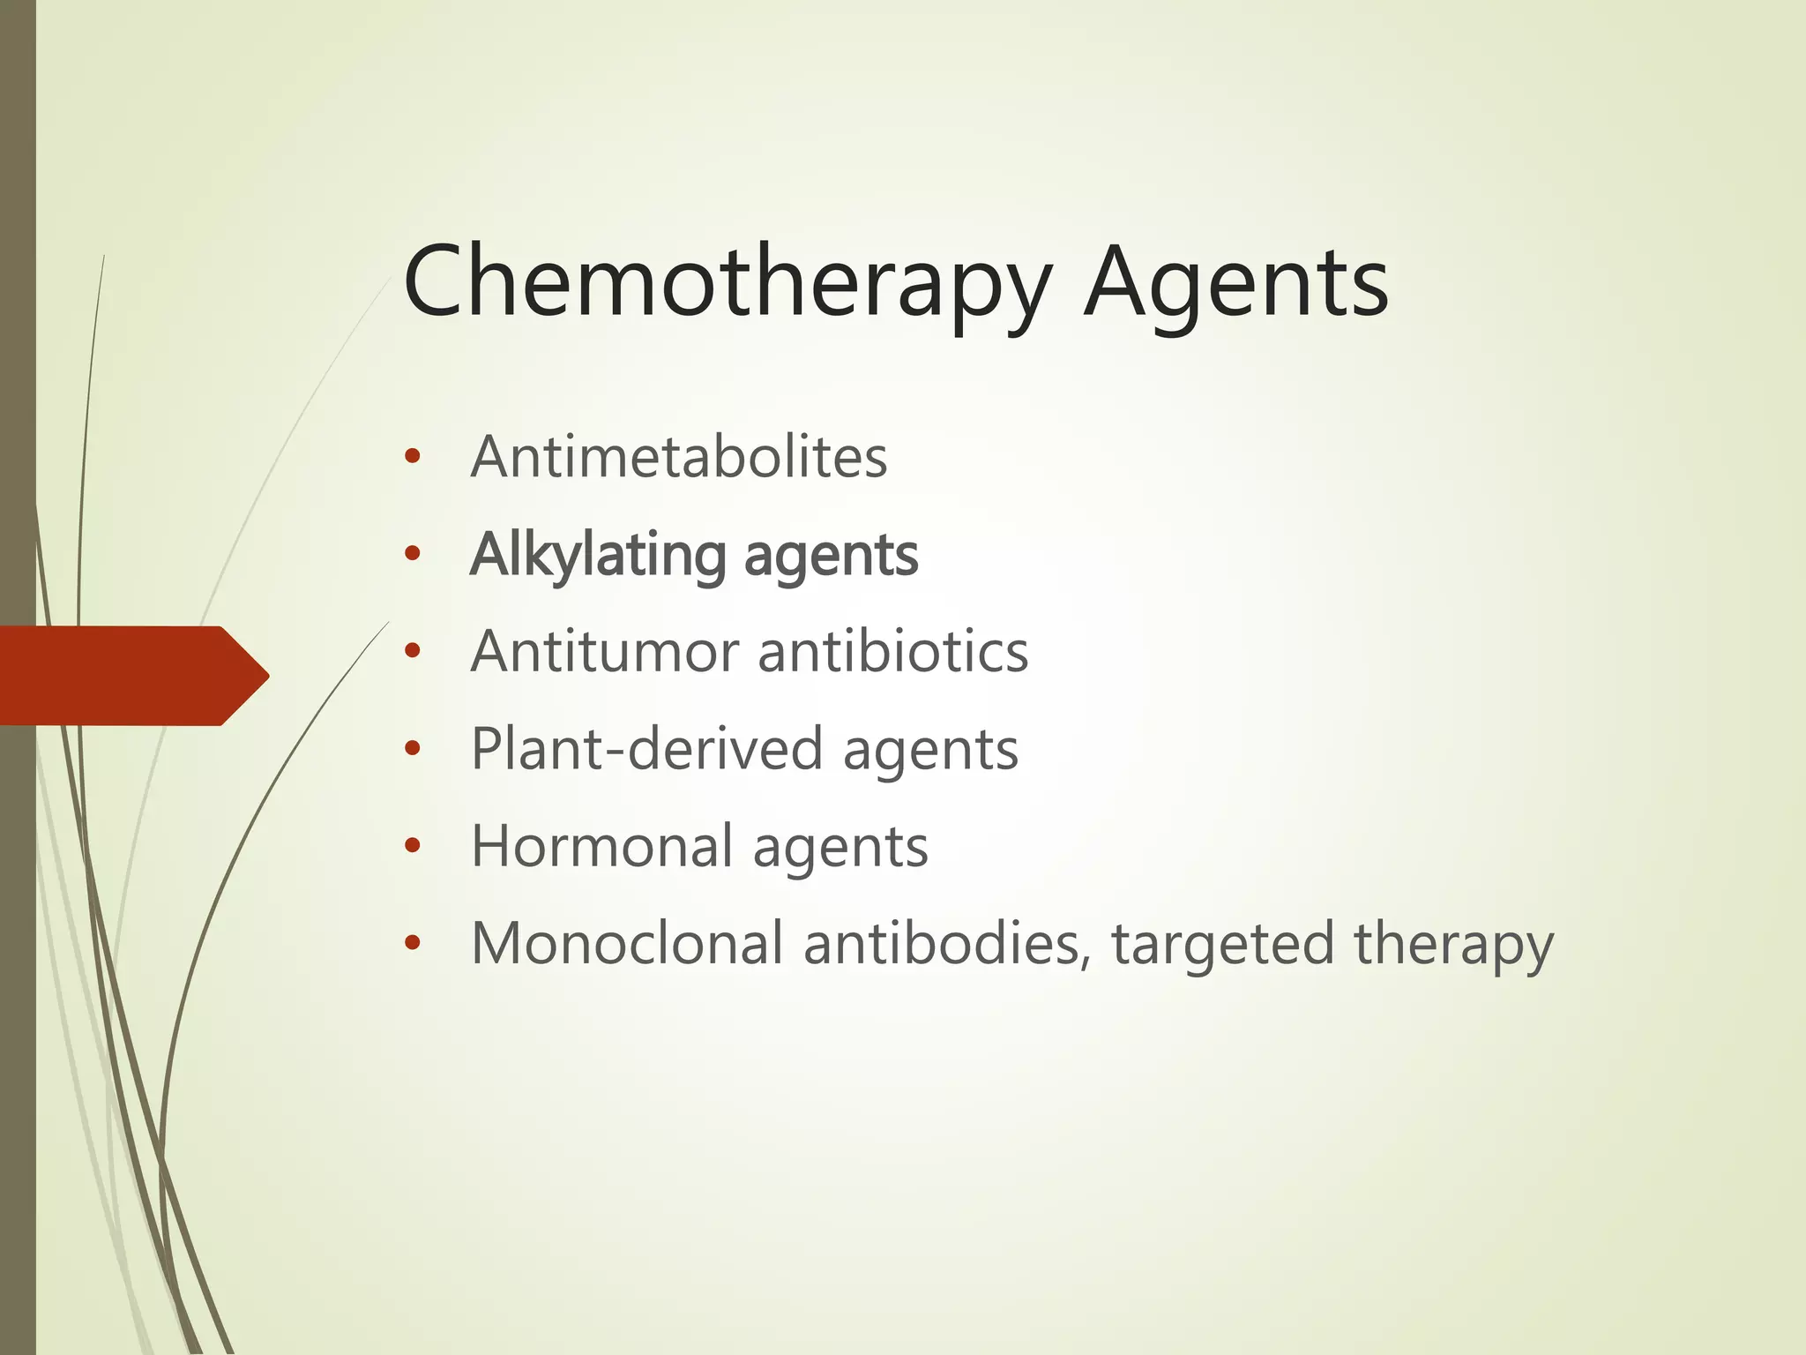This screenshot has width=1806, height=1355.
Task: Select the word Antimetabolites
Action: (679, 457)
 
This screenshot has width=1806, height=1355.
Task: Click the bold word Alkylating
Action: (597, 556)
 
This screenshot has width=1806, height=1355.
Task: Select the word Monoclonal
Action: (627, 943)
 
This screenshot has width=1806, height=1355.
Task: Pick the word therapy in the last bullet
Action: (1453, 945)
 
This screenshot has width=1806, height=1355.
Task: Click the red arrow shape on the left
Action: (132, 676)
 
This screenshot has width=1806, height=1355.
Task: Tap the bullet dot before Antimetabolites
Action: (412, 458)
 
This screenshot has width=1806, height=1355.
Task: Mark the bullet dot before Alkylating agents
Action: (412, 555)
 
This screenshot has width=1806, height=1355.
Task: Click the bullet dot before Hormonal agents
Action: (412, 847)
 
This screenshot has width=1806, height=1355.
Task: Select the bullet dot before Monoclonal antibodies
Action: (412, 944)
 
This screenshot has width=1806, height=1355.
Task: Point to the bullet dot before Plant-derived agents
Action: (412, 750)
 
